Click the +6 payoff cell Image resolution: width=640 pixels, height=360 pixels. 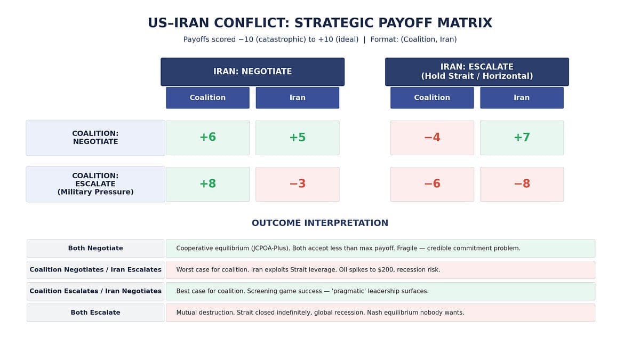coord(207,138)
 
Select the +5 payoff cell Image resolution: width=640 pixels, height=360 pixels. coord(298,138)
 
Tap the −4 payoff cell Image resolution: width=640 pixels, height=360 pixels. coord(432,138)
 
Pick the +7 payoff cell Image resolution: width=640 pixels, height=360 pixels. coord(522,138)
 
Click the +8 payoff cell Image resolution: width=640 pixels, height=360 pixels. coord(207,184)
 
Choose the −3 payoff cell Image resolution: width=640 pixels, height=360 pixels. coord(298,184)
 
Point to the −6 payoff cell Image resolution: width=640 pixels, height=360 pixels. coord(432,184)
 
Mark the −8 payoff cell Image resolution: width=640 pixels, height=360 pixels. coord(522,184)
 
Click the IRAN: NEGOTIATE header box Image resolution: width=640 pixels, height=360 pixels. coord(252,71)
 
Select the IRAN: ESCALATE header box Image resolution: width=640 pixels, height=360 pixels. coord(477,71)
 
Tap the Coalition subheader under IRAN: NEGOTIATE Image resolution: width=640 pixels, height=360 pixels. coord(207,98)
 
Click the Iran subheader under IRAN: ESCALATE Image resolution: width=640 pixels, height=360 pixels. coord(522,98)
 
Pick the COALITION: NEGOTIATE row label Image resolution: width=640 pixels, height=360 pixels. coord(95,138)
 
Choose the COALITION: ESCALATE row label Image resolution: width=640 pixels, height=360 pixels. coord(95,184)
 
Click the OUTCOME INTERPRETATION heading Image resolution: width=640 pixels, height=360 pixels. coord(320,223)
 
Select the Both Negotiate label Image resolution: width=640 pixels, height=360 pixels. coord(95,249)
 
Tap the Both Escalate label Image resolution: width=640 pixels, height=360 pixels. coord(95,313)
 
